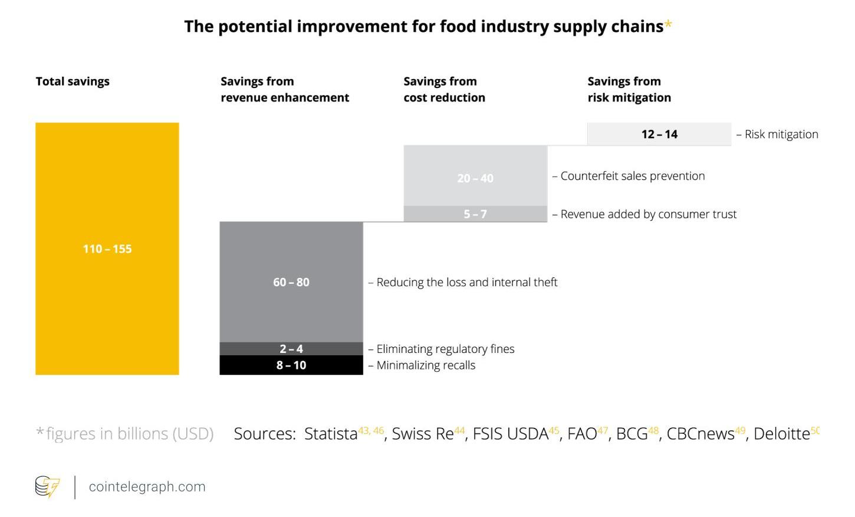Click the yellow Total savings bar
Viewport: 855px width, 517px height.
pos(107,248)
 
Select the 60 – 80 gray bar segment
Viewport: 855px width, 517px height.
pos(291,282)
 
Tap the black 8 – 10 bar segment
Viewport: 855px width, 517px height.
pos(291,365)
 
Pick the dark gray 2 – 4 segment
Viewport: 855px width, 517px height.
pos(291,349)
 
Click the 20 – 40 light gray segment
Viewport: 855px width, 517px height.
pos(475,177)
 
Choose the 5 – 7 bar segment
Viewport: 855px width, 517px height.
pos(475,214)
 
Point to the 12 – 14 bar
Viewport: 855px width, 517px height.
pos(659,134)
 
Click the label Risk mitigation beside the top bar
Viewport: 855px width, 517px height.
pos(781,134)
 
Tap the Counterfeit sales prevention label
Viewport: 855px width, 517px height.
pos(632,176)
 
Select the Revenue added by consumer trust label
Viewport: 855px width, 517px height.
pos(648,214)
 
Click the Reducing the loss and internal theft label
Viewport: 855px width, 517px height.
pos(466,282)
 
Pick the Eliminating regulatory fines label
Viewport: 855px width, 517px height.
pos(445,349)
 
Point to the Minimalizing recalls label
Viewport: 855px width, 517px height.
pos(426,365)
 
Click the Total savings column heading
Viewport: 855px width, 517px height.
pos(73,81)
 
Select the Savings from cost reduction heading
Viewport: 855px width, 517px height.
pos(444,89)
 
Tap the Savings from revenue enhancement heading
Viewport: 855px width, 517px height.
pos(285,89)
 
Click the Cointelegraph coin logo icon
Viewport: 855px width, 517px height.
pos(47,487)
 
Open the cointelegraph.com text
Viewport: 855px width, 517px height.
pos(147,487)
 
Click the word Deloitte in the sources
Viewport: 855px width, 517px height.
pos(781,434)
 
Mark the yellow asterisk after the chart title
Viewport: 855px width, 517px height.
pos(668,25)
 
